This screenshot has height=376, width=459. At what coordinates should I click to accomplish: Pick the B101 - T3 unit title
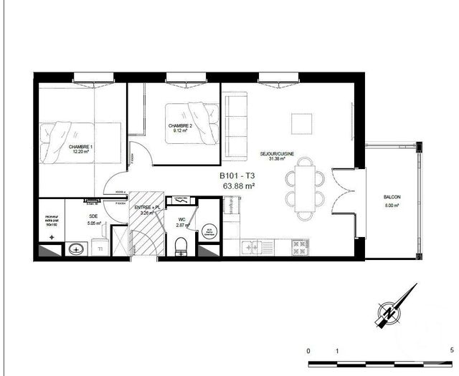coord(237,175)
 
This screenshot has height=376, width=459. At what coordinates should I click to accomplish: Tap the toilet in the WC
coord(180,246)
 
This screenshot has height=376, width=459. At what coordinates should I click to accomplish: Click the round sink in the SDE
coord(76,249)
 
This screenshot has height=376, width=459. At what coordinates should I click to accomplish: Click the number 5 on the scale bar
coord(451,350)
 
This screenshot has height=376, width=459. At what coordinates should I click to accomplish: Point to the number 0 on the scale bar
coord(308,350)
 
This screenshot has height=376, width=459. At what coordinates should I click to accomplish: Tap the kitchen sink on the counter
coord(252,248)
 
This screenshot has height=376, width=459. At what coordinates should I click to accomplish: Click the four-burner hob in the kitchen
coord(298,248)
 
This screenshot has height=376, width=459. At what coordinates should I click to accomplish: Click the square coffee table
coord(301,122)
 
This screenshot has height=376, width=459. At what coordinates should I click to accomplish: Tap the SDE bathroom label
coord(93,217)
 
